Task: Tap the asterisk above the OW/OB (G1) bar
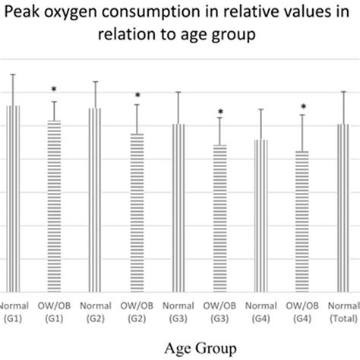pos(54,90)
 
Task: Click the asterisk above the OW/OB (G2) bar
pos(137,96)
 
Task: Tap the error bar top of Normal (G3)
pos(178,92)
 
